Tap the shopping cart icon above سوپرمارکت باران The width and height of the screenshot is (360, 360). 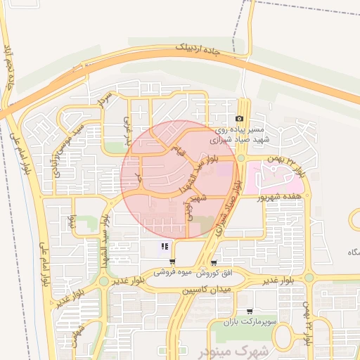(x=249, y=311)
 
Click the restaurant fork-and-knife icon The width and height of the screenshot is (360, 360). (x=165, y=246)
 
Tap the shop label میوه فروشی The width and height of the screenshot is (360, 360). (x=173, y=271)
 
